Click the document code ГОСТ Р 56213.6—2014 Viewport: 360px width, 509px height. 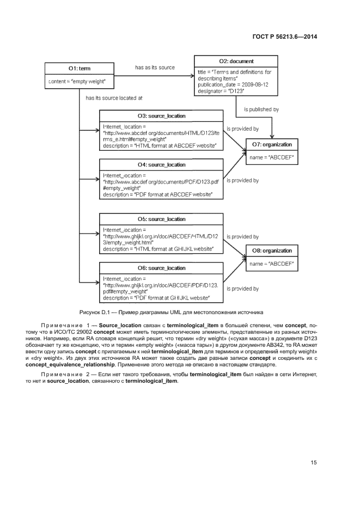click(285, 36)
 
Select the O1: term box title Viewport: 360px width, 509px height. click(80, 69)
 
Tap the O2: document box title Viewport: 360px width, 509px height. click(236, 62)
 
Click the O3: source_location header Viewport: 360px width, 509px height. click(161, 116)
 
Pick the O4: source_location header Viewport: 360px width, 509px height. click(161, 164)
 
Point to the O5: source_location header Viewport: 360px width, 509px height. click(161, 219)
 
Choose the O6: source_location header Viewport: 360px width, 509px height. click(161, 268)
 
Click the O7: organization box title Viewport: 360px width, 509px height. click(272, 145)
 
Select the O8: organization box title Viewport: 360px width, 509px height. click(272, 250)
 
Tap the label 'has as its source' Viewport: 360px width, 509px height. click(155, 68)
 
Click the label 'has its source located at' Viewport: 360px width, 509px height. click(114, 98)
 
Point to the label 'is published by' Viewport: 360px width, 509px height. click(261, 109)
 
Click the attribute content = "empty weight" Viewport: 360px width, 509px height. click(76, 81)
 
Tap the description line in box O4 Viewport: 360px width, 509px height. click(157, 194)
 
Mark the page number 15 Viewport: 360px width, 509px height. click(314, 463)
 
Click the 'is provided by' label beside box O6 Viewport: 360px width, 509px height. click(242, 289)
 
